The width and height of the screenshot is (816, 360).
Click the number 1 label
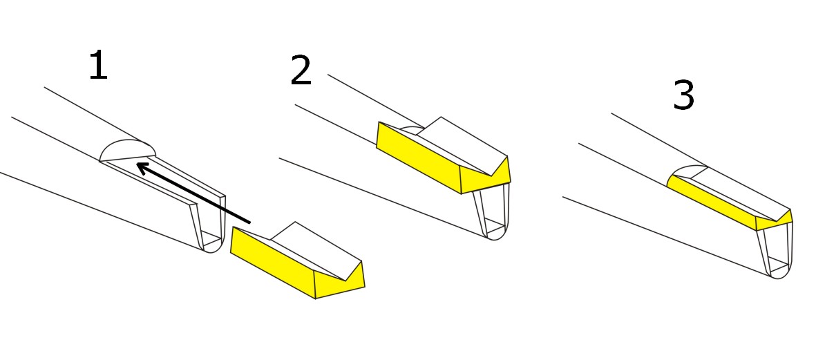(x=98, y=65)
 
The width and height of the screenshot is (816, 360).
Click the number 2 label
(x=301, y=70)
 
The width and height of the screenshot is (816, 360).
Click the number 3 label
(x=683, y=96)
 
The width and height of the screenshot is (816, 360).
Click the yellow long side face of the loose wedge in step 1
(x=273, y=262)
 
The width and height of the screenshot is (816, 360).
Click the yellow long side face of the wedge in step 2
(x=419, y=157)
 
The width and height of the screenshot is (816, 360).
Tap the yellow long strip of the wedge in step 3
(x=712, y=202)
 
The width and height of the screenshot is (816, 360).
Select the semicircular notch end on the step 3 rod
(x=687, y=173)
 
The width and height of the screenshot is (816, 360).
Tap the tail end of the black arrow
(x=250, y=222)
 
